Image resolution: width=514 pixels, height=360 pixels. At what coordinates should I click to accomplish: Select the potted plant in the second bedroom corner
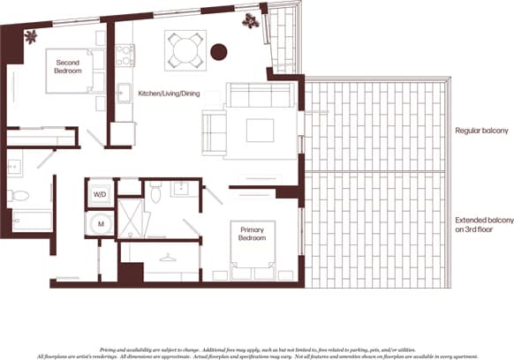point(33,36)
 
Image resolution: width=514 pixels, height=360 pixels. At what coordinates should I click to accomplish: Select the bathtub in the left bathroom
point(32,220)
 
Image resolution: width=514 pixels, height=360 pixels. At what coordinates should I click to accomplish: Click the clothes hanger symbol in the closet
point(169,258)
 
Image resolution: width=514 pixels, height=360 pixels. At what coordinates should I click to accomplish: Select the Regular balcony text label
point(481,131)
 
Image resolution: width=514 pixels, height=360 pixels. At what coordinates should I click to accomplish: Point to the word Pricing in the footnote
point(112,326)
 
